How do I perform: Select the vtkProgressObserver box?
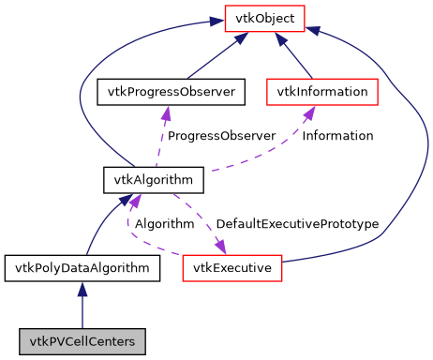click(171, 92)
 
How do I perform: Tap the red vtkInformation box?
click(322, 92)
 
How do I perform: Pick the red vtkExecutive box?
click(232, 268)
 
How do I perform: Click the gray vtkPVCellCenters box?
click(82, 341)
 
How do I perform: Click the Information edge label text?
click(337, 135)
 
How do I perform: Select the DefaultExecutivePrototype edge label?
click(296, 224)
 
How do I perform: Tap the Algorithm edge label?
click(164, 224)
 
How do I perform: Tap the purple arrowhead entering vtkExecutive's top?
click(221, 247)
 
